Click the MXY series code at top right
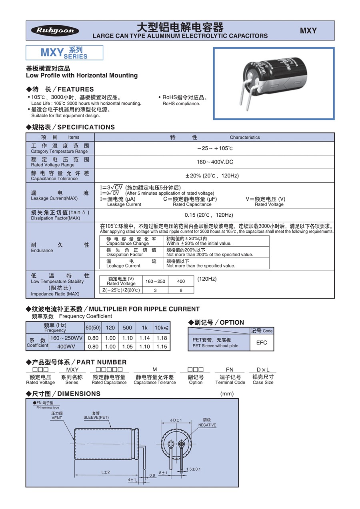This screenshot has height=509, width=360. click(308, 31)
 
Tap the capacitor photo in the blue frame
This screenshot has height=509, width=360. click(274, 84)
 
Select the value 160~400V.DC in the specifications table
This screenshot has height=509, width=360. click(214, 162)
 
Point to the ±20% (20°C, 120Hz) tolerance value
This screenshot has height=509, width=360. click(214, 176)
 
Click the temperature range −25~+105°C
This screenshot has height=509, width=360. click(214, 148)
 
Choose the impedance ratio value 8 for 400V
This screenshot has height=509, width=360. click(181, 290)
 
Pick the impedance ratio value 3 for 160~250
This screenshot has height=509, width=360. click(155, 290)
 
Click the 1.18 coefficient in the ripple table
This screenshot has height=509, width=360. click(162, 338)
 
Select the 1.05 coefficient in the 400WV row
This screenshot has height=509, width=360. click(127, 347)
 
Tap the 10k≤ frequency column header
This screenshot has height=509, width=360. click(162, 328)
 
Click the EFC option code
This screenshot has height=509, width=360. click(262, 343)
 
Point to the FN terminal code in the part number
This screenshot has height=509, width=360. click(230, 370)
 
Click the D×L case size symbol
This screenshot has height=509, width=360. click(263, 370)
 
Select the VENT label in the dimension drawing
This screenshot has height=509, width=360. click(57, 418)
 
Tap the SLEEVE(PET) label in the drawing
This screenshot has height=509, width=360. click(96, 417)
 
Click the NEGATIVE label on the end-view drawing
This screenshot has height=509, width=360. click(207, 425)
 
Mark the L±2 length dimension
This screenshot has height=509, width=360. click(105, 472)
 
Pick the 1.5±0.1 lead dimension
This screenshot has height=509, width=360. click(193, 469)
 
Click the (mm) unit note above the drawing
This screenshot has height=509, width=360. click(227, 394)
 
